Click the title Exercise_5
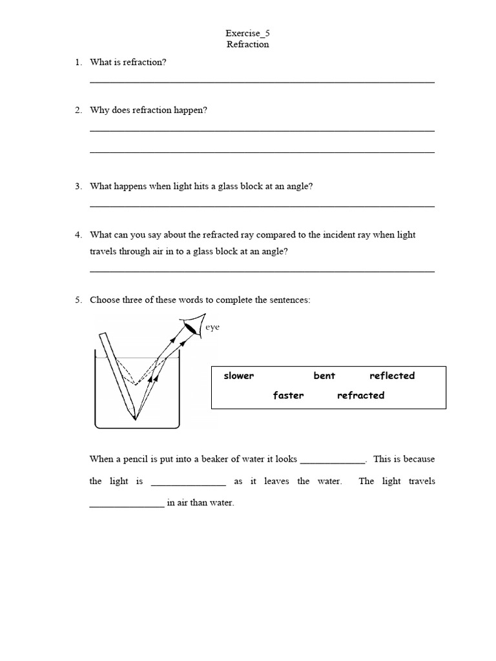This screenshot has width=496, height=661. [247, 33]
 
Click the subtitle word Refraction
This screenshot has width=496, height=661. [247, 45]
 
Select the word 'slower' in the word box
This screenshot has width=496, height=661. [238, 376]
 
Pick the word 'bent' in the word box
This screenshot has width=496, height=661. [324, 376]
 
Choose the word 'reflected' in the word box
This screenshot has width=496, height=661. [392, 376]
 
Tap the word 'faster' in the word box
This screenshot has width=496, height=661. [288, 395]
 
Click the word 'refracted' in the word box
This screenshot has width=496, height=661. [360, 395]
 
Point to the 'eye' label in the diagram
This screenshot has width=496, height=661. [212, 327]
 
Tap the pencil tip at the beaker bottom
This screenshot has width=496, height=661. [135, 416]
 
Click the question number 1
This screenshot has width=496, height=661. [77, 62]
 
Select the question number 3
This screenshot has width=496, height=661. [77, 186]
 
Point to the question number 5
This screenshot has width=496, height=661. [77, 300]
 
